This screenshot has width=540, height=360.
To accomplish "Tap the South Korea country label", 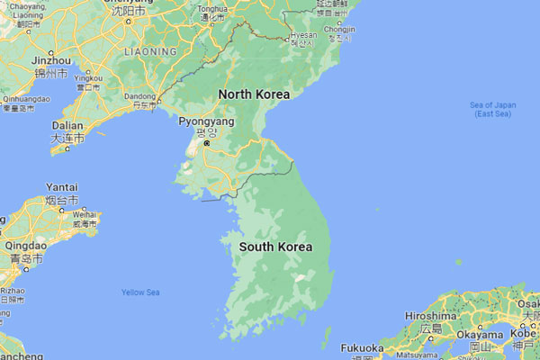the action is click(x=275, y=247).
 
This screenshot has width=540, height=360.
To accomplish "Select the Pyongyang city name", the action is click(x=206, y=121).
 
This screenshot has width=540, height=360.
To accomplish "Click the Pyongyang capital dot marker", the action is click(x=206, y=143).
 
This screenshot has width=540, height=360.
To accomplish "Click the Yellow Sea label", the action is click(x=140, y=292).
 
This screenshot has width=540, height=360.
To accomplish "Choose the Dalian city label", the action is click(x=67, y=126).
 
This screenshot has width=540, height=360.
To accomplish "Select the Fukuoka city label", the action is click(x=363, y=348).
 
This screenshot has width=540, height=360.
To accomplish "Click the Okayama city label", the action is click(x=479, y=334).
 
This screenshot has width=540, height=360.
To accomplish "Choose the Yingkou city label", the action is click(x=88, y=78).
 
